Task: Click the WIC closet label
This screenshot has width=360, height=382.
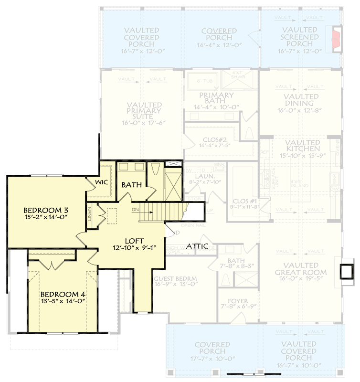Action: (x=101, y=182)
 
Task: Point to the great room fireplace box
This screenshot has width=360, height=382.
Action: (x=347, y=271)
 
